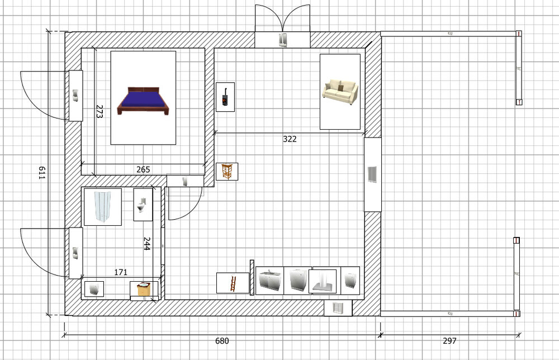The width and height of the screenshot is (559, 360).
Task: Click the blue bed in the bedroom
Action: pos(143,101)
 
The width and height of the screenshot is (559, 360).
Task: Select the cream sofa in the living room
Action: pos(340,92)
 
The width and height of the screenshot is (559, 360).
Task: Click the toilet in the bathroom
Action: pos(142,205)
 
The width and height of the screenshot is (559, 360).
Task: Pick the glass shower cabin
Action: pos(102,207)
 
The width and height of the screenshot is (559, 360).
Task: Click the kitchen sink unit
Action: pos(270,281)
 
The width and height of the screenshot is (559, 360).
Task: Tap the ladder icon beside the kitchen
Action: pos(233,283)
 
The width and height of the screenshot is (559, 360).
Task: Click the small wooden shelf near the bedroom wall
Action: pos(227,172)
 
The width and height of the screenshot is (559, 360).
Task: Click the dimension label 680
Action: pos(222,341)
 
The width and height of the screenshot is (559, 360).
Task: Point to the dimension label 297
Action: pos(449,341)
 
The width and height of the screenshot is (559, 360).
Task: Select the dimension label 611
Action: pos(42,173)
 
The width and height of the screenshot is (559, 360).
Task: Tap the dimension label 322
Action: pos(290,139)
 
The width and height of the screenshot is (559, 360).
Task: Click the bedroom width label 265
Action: pos(143,169)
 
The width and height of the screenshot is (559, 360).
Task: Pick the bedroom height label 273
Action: pos(99,111)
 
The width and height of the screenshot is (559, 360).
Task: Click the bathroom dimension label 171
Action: pos(121,272)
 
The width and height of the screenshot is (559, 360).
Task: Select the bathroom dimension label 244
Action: pos(146,244)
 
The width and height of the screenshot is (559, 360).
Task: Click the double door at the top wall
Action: pos(282,26)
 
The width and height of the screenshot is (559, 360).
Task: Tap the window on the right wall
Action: pos(372,174)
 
